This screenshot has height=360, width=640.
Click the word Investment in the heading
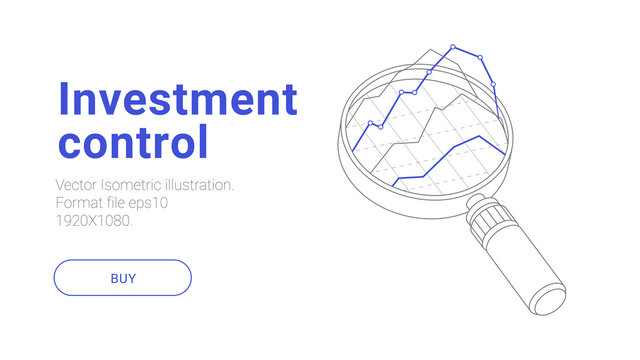coord(178,100)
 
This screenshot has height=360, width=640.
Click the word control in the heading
coord(133,141)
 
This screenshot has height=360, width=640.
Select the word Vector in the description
coord(79,186)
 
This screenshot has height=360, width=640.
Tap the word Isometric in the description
coord(138,186)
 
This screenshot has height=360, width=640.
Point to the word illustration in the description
coord(204,186)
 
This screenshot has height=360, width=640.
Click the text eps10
coord(148,203)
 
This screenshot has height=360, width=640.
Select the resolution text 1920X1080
coord(94,220)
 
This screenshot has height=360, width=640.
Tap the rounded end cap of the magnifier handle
coord(553,301)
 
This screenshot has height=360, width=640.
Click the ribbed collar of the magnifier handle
coord(489,219)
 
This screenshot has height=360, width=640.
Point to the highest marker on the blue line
coord(453,46)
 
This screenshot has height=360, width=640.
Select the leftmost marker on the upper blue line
coord(370,124)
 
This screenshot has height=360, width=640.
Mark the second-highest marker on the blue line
coord(481,57)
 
